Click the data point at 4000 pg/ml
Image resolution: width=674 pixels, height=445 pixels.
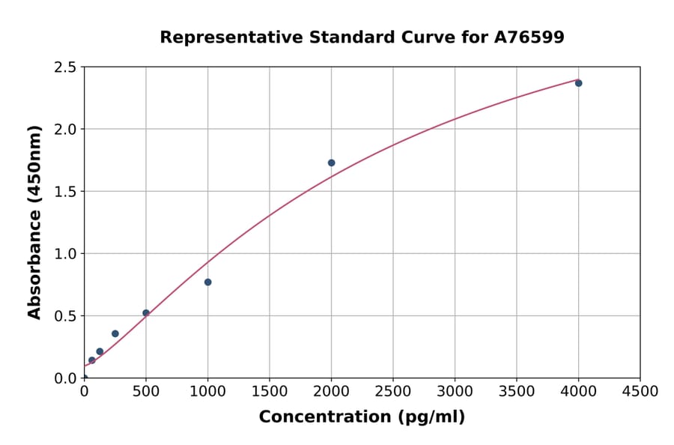click(578, 83)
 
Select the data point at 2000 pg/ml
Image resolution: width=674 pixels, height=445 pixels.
click(331, 163)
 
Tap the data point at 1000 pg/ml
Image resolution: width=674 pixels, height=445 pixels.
click(207, 282)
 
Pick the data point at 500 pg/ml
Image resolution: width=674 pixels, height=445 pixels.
click(146, 313)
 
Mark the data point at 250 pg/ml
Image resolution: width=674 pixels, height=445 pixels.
click(115, 333)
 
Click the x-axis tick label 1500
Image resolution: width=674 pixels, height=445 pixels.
click(270, 392)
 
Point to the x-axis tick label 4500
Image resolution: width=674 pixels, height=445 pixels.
click(640, 392)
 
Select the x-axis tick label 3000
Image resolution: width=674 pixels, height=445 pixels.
click(455, 392)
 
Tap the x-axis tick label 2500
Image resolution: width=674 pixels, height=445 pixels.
click(393, 392)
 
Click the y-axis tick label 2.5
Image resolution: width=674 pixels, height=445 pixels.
click(65, 67)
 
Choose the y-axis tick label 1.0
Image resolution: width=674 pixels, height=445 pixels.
click(65, 253)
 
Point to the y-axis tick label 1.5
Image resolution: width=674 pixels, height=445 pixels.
click(65, 191)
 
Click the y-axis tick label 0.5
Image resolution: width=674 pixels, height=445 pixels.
click(65, 315)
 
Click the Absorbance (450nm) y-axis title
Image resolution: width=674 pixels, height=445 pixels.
click(34, 222)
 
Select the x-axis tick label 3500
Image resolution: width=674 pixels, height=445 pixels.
click(517, 392)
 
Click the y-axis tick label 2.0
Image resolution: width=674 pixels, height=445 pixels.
click(65, 129)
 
